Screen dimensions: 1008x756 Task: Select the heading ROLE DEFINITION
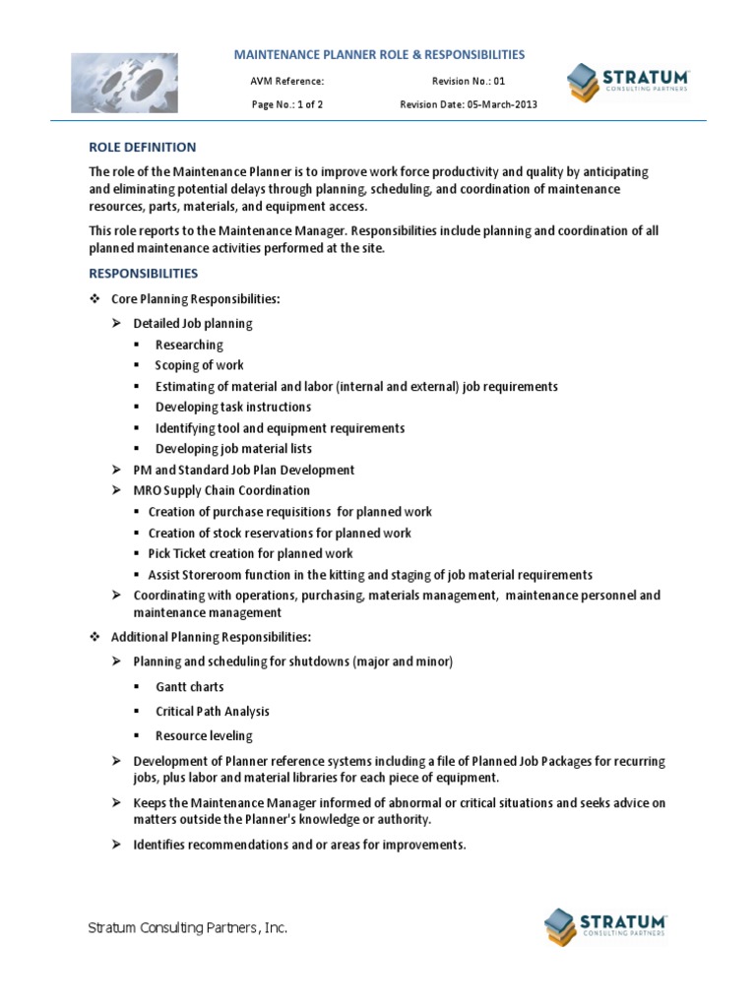coord(142,148)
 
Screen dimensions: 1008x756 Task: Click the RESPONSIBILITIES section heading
coord(143,273)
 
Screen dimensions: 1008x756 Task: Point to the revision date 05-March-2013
coord(469,104)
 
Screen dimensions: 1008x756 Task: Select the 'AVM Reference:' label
coord(287,82)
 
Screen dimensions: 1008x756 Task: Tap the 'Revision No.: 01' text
coord(468,82)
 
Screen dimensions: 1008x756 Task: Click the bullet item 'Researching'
coord(189,345)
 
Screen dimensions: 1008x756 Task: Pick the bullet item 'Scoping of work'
coord(200,365)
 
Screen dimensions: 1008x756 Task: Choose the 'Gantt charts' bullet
coord(189,687)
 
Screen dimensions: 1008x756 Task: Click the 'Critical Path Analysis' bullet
coord(212,711)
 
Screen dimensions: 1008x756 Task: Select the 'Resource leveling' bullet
coord(204,735)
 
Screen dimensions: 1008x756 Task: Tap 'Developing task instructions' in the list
coord(232,407)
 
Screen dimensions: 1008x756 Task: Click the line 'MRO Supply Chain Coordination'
coord(221,490)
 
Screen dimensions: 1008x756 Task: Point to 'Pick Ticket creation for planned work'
coord(250,553)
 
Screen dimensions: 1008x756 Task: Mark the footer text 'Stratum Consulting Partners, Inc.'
coord(187,928)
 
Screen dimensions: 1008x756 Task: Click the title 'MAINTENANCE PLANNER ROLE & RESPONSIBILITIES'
coord(378,55)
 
